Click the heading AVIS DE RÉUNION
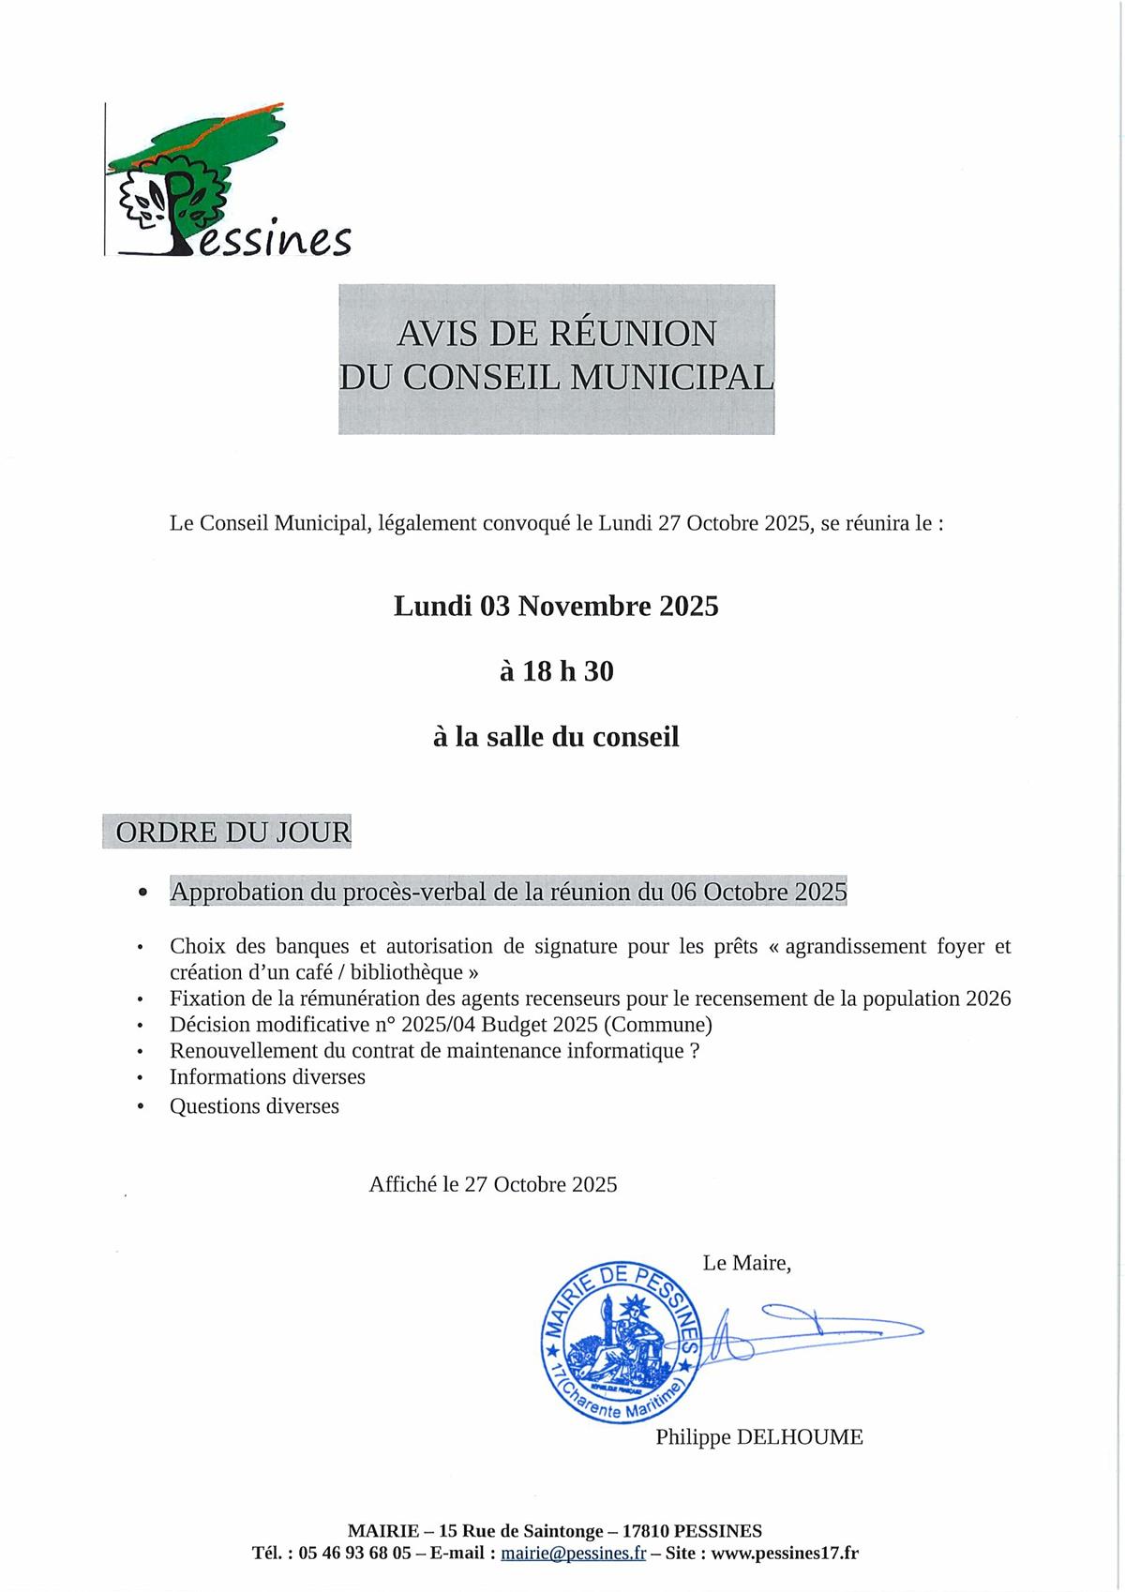click(x=556, y=334)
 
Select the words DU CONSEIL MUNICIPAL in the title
click(x=556, y=377)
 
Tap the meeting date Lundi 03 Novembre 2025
click(x=556, y=607)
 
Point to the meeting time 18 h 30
click(x=568, y=672)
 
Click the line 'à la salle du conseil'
click(x=556, y=738)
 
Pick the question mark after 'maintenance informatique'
click(x=695, y=1051)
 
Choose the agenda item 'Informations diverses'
click(x=267, y=1077)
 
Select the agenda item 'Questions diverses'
click(x=254, y=1106)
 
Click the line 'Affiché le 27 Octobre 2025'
click(x=493, y=1185)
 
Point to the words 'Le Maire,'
click(x=746, y=1264)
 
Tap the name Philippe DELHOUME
click(x=759, y=1437)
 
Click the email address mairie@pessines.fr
click(x=574, y=1554)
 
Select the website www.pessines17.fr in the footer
click(x=785, y=1554)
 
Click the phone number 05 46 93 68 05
click(x=355, y=1554)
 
